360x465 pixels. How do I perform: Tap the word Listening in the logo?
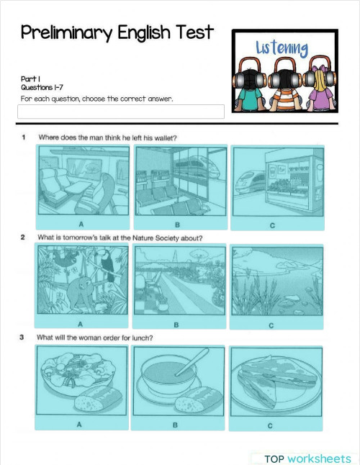coord(282,49)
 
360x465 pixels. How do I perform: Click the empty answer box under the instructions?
coord(120,112)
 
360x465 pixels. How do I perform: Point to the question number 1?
coord(24,137)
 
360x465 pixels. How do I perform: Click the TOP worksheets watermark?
coord(307,459)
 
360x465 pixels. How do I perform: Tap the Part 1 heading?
coord(30,79)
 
